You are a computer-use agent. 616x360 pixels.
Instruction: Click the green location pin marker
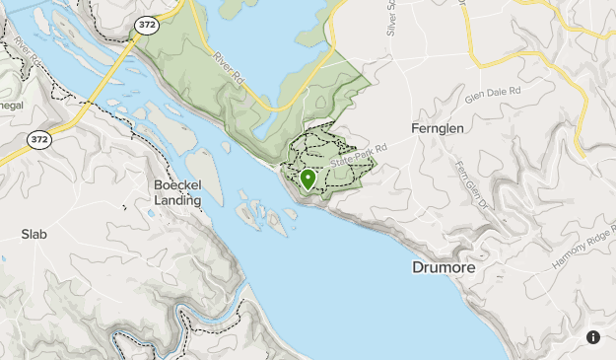tap(308, 179)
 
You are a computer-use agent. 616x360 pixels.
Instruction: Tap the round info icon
tap(593, 337)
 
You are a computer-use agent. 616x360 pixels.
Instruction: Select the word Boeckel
tap(178, 184)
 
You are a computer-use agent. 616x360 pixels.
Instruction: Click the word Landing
tap(177, 200)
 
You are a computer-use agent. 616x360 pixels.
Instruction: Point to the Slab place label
tap(34, 235)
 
